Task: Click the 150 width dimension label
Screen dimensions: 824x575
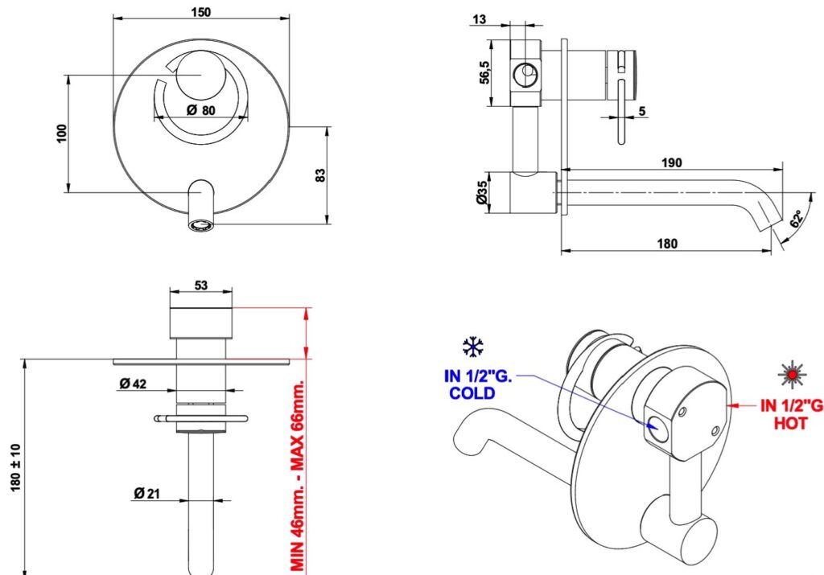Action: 200,11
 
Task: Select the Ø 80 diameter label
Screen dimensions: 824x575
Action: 200,110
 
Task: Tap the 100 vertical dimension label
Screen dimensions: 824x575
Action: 63,133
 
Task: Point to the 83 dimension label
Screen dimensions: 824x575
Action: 320,175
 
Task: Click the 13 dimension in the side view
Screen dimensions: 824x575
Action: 480,20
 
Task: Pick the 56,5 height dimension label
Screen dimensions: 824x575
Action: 484,72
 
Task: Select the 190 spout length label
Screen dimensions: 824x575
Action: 671,162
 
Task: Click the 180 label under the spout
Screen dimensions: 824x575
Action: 667,243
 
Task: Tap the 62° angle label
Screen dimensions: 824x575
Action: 797,219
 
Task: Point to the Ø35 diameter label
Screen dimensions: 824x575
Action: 481,193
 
